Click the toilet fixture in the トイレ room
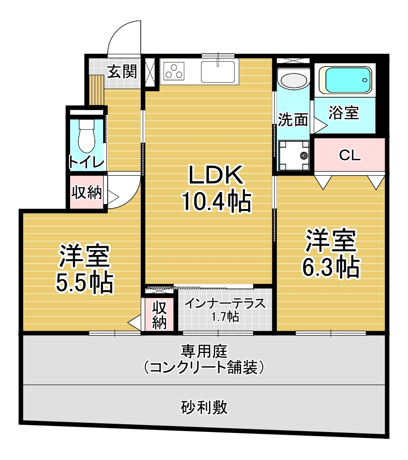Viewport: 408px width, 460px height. (86, 136)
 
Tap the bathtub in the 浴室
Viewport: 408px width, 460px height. (345, 80)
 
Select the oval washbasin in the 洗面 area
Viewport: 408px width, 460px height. (293, 80)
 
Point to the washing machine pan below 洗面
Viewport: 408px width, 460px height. (293, 155)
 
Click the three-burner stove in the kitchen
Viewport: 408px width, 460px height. (174, 71)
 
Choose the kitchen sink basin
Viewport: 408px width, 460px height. (218, 72)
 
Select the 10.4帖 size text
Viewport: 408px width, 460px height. (216, 201)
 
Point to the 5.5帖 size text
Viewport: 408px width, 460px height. (84, 283)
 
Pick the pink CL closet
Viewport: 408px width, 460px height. (349, 155)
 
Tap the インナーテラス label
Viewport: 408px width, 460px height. (225, 304)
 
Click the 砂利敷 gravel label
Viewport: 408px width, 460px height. (204, 407)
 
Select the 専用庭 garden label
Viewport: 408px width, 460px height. (204, 351)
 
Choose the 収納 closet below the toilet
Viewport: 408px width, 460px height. (87, 192)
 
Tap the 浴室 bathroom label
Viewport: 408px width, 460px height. (343, 113)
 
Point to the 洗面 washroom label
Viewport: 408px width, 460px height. (293, 120)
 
